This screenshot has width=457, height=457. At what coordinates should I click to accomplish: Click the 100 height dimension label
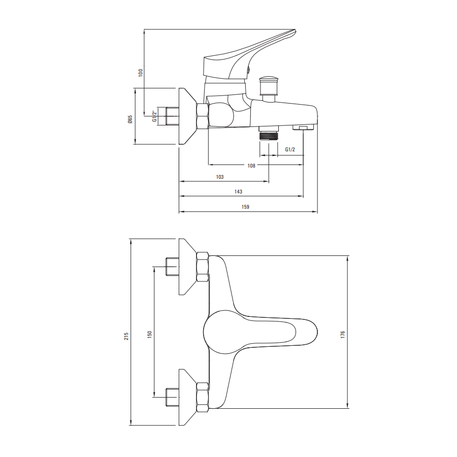141,72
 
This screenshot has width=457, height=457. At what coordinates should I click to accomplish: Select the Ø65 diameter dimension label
130,119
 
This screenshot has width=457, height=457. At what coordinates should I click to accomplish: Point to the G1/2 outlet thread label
290,149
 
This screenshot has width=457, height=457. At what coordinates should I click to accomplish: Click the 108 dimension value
251,166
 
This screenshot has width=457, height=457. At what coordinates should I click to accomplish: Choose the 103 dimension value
220,177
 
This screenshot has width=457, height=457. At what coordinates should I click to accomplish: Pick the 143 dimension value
239,191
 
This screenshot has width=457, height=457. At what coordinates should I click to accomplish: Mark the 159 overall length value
245,207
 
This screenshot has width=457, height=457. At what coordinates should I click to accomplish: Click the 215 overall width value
126,336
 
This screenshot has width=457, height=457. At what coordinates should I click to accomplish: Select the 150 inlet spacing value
149,334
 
